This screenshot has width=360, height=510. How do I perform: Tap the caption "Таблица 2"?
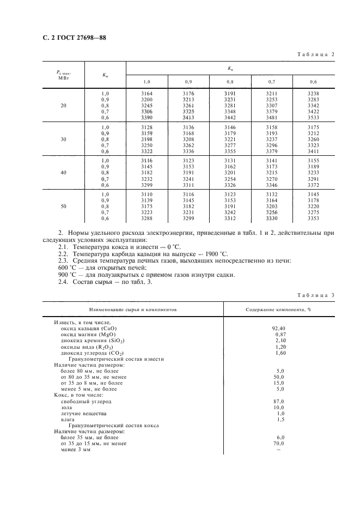click(x=315, y=54)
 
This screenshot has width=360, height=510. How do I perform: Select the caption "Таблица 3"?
click(x=315, y=295)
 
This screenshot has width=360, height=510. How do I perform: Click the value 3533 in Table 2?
click(x=314, y=117)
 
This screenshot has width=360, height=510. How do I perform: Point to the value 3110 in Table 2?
click(x=147, y=195)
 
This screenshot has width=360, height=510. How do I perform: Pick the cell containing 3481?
click(x=272, y=117)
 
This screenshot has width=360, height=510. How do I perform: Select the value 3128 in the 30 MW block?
click(x=147, y=127)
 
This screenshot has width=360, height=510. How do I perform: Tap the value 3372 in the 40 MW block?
click(x=314, y=185)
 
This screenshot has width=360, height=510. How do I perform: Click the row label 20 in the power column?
click(x=64, y=106)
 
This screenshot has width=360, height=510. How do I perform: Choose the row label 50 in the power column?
click(x=64, y=207)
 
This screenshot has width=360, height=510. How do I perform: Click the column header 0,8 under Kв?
click(x=230, y=82)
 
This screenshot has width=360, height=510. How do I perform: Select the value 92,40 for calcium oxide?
click(x=278, y=329)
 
